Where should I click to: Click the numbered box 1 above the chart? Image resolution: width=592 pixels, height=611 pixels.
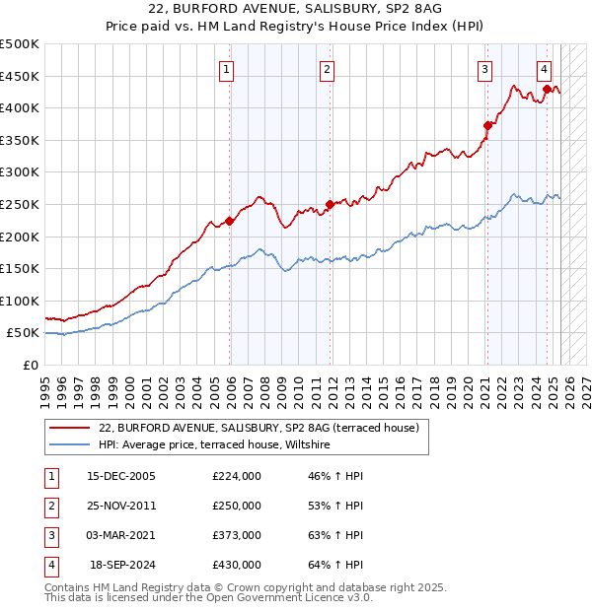[x=227, y=69]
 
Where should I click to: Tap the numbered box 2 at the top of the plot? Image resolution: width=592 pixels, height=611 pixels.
[x=326, y=69]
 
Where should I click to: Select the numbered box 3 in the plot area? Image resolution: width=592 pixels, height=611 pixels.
[x=485, y=69]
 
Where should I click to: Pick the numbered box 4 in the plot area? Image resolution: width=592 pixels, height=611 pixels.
[x=545, y=69]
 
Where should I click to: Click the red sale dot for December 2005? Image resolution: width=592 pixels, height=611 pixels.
[x=230, y=221]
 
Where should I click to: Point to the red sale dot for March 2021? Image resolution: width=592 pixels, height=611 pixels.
[x=487, y=125]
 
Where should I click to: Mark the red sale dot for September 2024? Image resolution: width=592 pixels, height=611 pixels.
[x=547, y=89]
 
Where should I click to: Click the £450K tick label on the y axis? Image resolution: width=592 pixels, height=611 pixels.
[x=20, y=76]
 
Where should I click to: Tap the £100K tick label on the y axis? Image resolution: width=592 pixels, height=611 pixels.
[x=20, y=301]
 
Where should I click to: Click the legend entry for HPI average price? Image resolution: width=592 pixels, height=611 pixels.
[x=218, y=445]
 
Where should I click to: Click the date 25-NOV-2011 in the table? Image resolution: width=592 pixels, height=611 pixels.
[x=121, y=506]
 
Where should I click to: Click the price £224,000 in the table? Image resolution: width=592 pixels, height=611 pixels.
[x=237, y=476]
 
